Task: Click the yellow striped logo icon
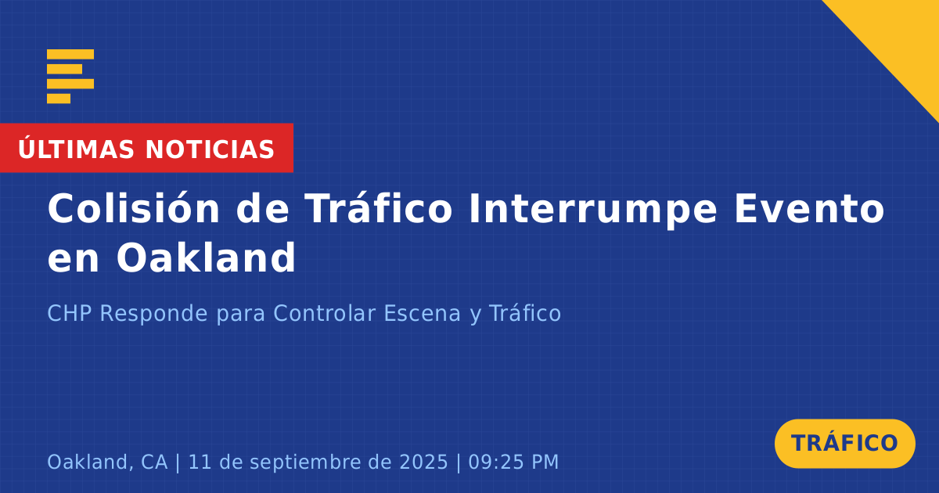pos(70,77)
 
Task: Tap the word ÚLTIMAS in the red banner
pos(76,149)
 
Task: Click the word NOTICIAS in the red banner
pos(210,149)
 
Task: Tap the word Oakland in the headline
pos(206,257)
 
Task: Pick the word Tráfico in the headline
pos(379,208)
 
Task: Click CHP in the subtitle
pos(69,313)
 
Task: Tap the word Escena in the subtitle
pos(422,313)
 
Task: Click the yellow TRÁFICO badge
pos(844,443)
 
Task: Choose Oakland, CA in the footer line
pos(107,462)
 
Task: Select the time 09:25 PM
pos(513,462)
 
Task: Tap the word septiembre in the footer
pos(305,462)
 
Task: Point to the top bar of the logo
pos(70,54)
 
